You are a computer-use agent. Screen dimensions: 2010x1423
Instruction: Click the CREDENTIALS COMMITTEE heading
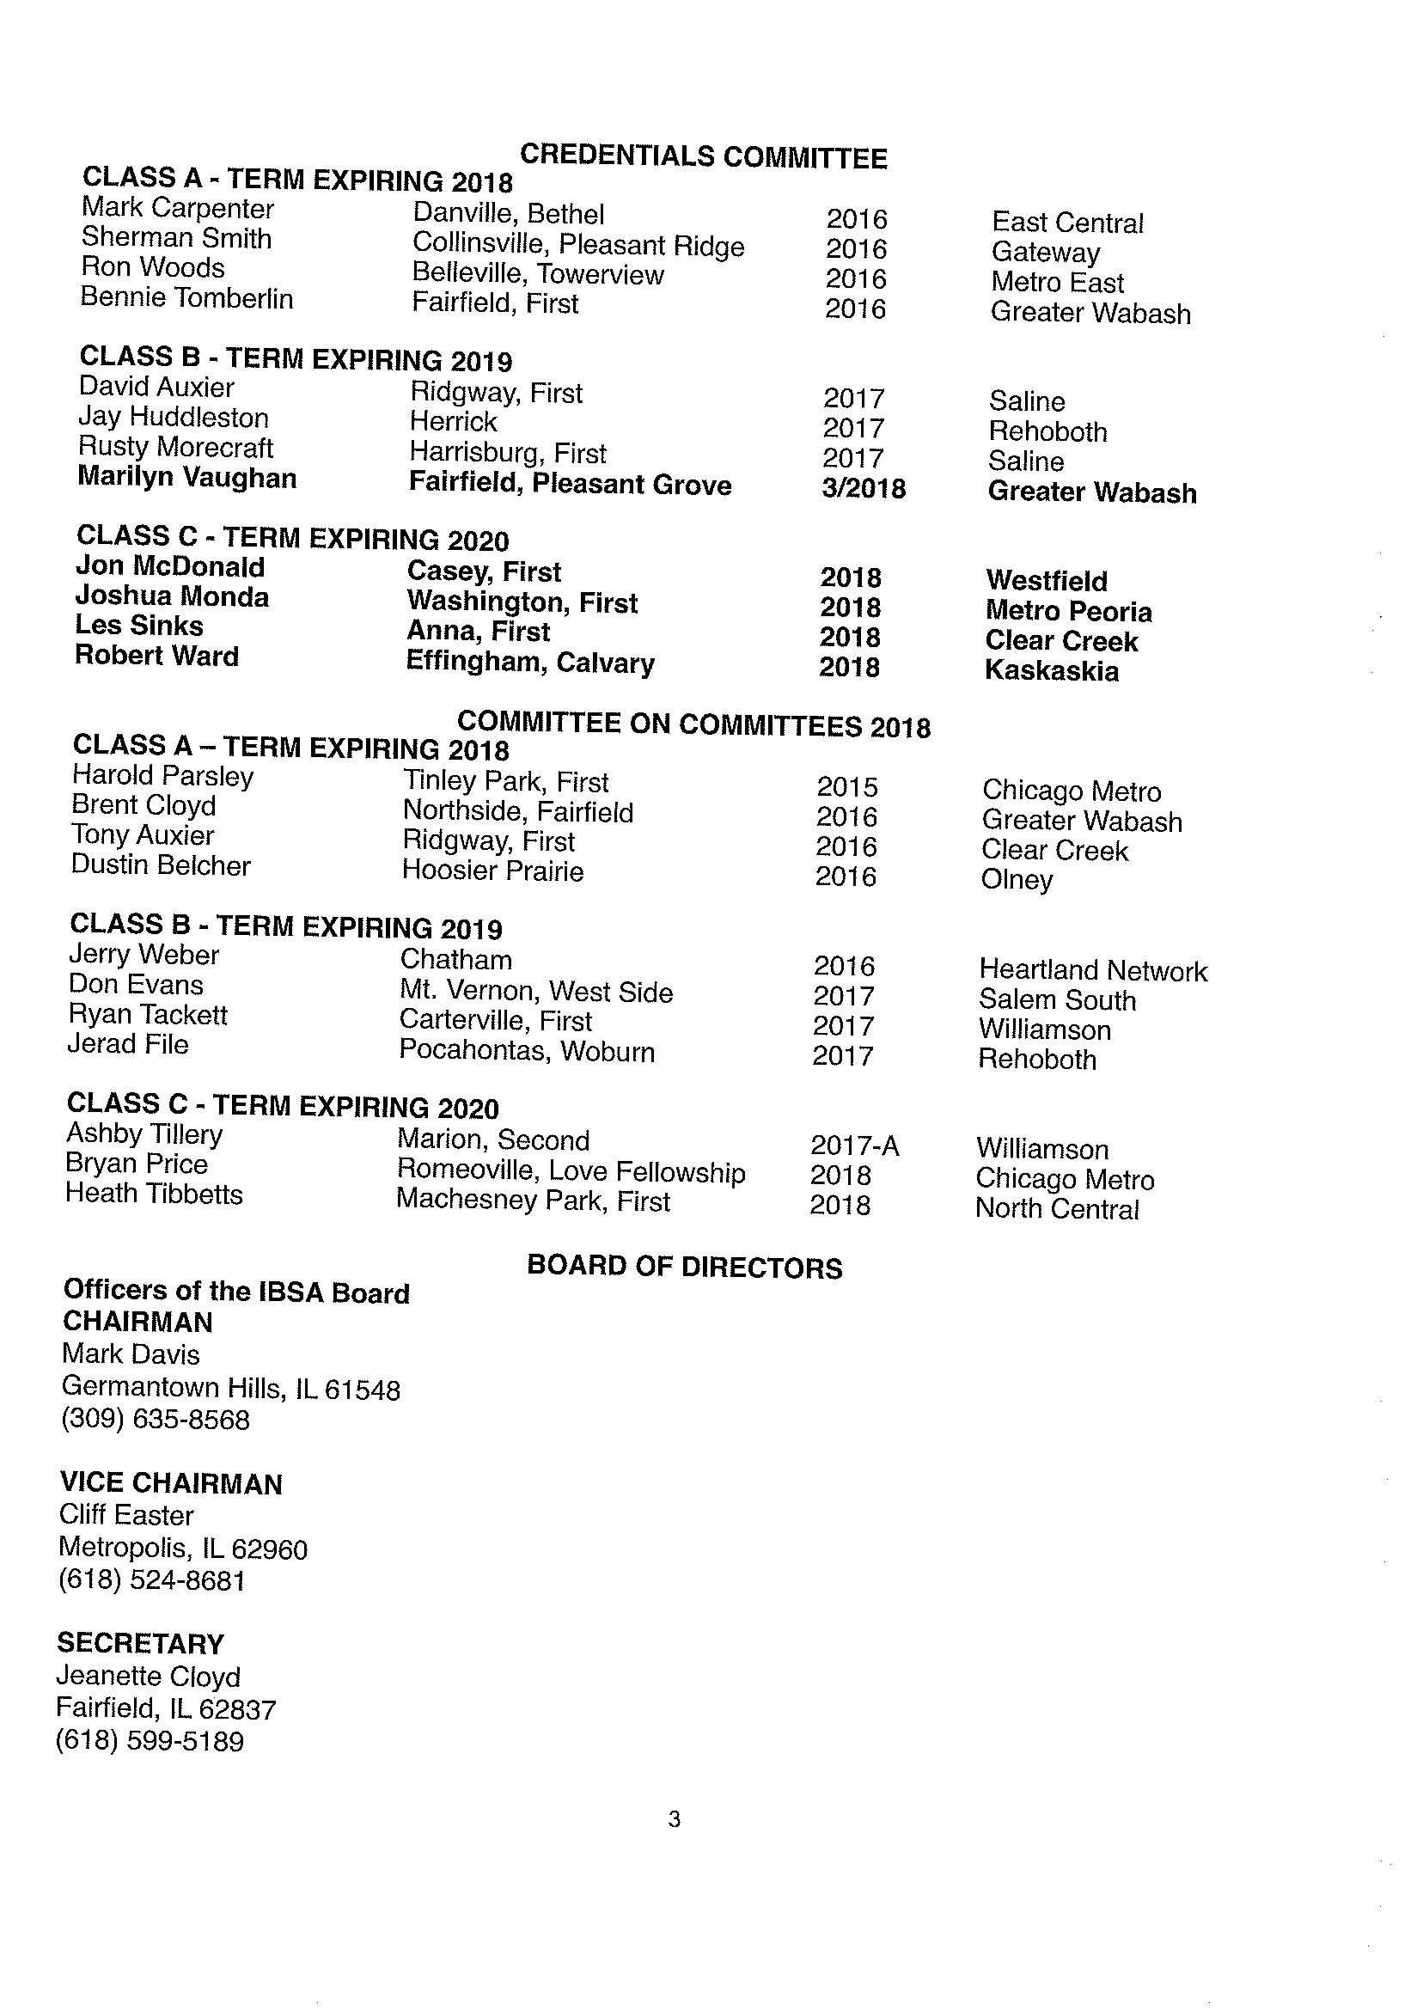(x=703, y=157)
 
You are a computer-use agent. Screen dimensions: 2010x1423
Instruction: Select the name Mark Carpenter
(x=177, y=209)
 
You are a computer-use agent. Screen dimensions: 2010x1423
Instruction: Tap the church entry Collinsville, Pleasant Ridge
(x=577, y=245)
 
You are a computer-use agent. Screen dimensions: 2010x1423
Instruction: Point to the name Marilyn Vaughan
(x=186, y=478)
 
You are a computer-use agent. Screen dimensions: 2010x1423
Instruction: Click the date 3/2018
(x=863, y=488)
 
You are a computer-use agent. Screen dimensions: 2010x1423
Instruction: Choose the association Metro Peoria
(x=1068, y=611)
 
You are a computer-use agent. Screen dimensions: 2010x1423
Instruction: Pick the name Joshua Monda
(x=172, y=596)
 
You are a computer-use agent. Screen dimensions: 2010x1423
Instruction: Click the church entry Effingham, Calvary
(x=529, y=663)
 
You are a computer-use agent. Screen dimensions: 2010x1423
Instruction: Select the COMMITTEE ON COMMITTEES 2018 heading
(x=693, y=724)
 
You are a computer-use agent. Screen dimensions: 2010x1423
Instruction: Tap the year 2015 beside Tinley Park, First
(x=846, y=787)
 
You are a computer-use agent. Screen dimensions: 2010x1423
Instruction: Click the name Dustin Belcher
(x=161, y=864)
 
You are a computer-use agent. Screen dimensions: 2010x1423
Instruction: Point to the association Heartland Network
(x=1093, y=970)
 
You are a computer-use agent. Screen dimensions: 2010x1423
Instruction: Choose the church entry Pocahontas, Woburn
(x=527, y=1051)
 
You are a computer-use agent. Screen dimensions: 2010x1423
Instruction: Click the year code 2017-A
(x=854, y=1146)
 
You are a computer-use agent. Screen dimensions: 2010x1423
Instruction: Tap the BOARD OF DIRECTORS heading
(x=684, y=1267)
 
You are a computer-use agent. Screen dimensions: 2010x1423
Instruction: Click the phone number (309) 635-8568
(x=155, y=1420)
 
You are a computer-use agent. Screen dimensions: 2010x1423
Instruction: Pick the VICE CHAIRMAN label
(x=171, y=1483)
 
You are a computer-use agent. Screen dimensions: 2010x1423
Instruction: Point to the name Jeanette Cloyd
(x=147, y=1677)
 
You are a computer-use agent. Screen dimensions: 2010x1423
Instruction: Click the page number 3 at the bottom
(x=674, y=1820)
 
